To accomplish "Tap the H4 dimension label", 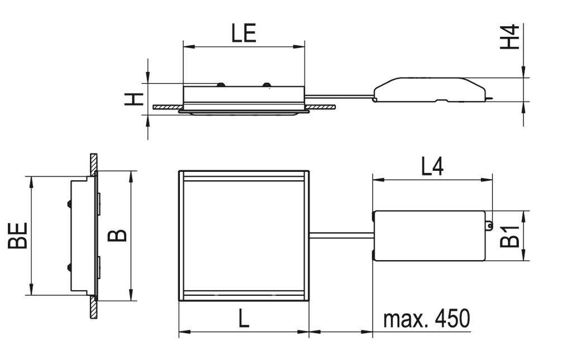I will [x=509, y=37].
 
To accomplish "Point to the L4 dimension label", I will [x=432, y=167].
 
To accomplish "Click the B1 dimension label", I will [x=509, y=236].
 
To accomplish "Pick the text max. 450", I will [x=426, y=319].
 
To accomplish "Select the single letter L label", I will [x=243, y=319].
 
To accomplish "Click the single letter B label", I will [x=117, y=236].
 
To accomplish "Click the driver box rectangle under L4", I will [x=429, y=236].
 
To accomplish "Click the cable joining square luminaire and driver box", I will [x=340, y=236].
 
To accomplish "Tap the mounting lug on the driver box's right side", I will [x=489, y=225].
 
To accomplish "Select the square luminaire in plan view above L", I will [x=244, y=236].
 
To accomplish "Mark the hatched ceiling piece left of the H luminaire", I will [x=168, y=107].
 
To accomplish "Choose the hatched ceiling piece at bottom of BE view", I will [x=93, y=309].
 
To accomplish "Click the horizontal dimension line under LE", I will [x=244, y=47].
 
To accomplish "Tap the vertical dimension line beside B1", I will [x=523, y=236].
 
